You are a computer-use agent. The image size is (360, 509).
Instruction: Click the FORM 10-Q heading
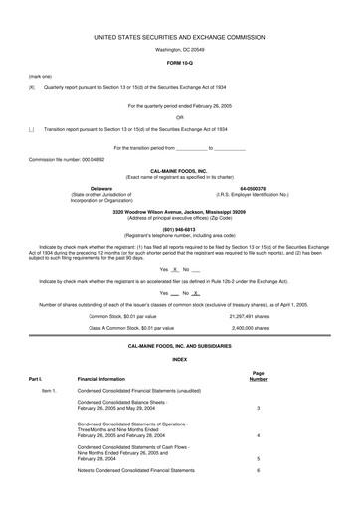(x=179, y=62)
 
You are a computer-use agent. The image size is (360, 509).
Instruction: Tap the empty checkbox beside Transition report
(x=32, y=130)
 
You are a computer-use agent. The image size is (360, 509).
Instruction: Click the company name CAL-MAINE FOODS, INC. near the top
(x=179, y=170)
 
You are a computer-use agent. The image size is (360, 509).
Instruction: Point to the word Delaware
(x=102, y=187)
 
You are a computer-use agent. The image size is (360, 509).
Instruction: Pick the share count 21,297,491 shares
(x=250, y=287)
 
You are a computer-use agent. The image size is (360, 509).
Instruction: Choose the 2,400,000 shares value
(x=250, y=298)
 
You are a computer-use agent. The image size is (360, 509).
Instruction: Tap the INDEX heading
(x=179, y=331)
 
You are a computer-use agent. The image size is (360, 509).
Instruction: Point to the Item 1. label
(x=49, y=364)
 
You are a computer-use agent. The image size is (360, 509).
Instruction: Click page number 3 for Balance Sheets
(x=258, y=381)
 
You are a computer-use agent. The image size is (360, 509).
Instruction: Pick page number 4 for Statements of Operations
(x=258, y=409)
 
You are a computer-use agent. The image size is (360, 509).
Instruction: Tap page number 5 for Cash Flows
(x=258, y=430)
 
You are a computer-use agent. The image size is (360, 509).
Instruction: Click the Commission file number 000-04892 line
(x=67, y=158)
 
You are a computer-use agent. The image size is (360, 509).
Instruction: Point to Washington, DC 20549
(x=179, y=49)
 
